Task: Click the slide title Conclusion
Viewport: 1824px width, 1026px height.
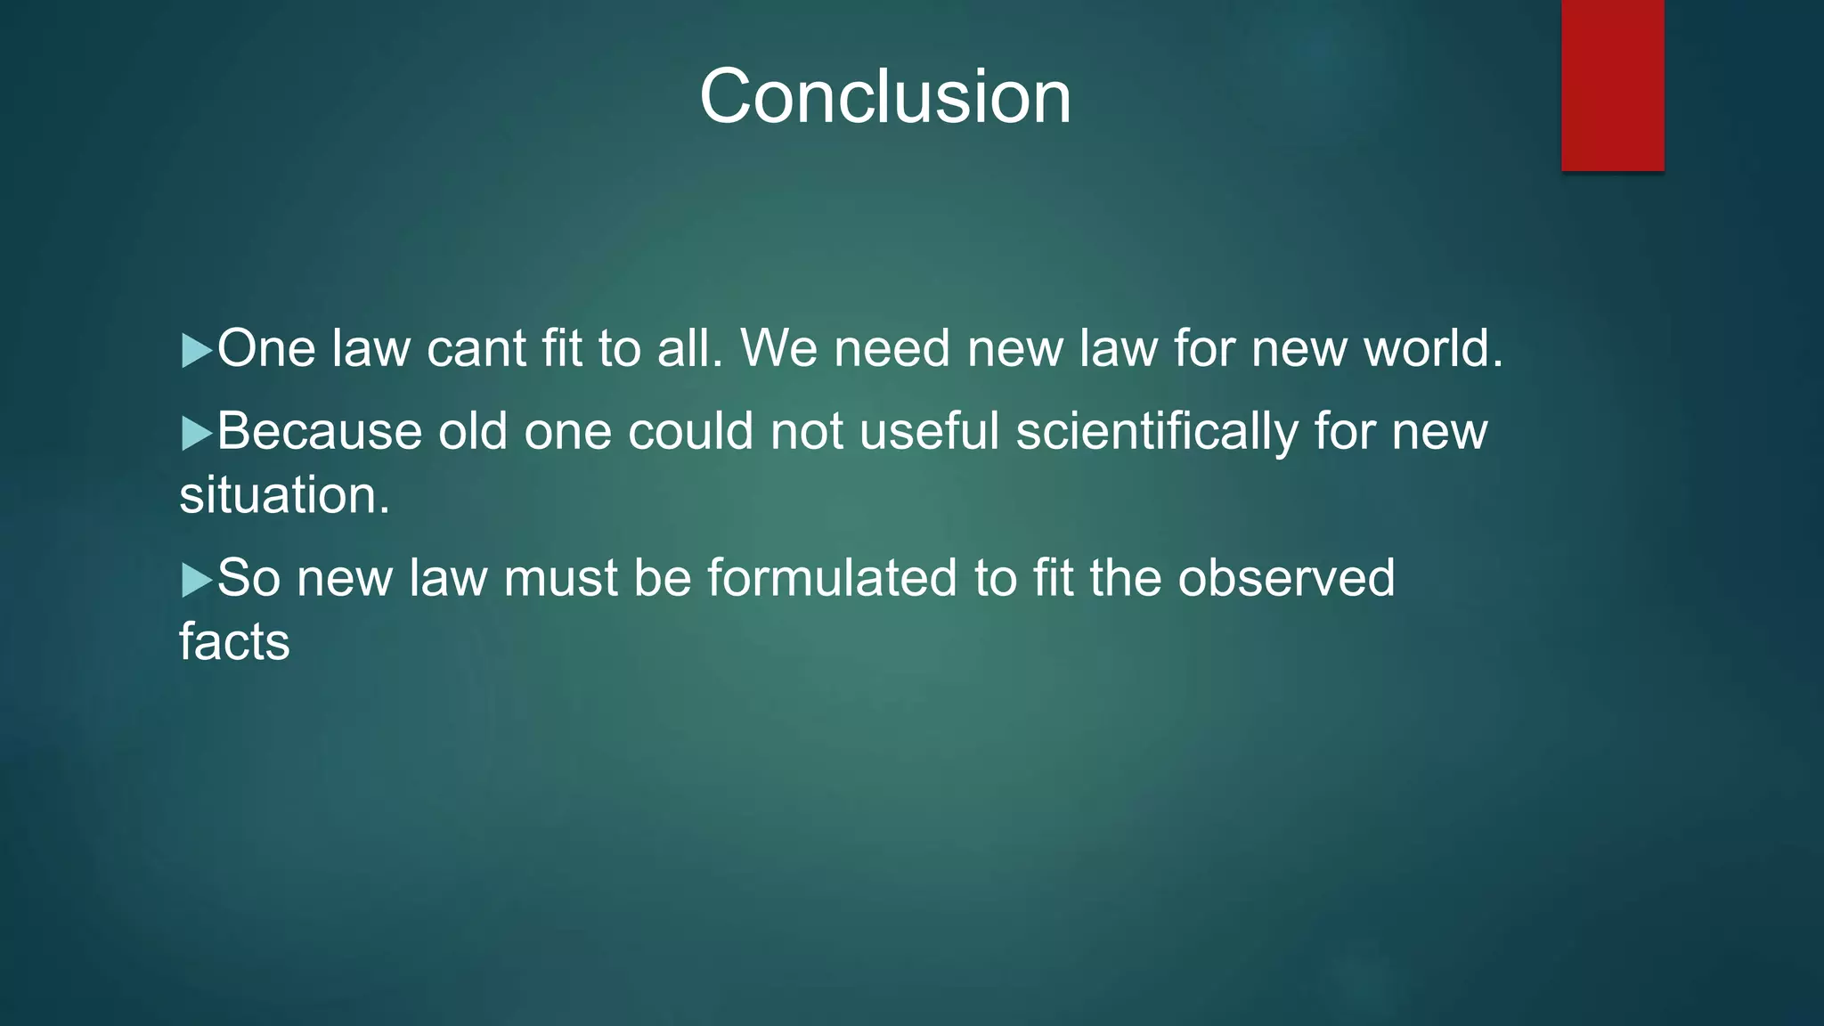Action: [x=885, y=96]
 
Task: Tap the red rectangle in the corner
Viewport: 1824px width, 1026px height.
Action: [x=1612, y=85]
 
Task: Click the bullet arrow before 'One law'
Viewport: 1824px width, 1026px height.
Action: [x=196, y=350]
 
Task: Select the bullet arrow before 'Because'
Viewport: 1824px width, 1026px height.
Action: [x=196, y=434]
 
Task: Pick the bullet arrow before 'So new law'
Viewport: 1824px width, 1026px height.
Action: [x=196, y=580]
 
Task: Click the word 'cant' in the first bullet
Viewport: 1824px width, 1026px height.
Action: [x=476, y=348]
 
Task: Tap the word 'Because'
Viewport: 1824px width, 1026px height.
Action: [x=319, y=432]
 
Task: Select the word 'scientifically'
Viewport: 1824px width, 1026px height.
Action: [x=1157, y=432]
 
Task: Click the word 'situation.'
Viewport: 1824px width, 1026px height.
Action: [x=284, y=495]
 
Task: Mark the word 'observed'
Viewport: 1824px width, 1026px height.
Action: [x=1286, y=578]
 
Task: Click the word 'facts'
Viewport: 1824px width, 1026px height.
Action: [x=234, y=641]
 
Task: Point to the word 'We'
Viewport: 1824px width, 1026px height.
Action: [x=778, y=348]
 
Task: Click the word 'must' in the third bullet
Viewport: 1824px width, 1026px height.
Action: [x=560, y=578]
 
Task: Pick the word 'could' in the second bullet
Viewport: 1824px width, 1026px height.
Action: [x=690, y=432]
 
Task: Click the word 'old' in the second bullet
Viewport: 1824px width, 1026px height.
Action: [x=472, y=432]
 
